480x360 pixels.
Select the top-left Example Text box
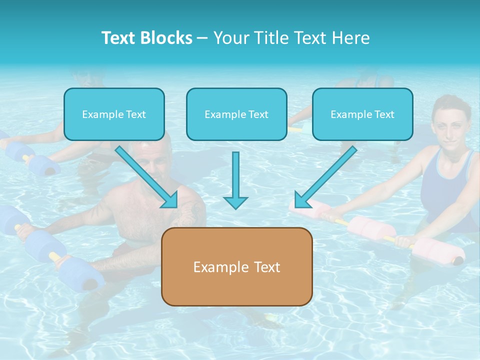[x=114, y=114]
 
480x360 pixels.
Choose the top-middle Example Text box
[x=236, y=114]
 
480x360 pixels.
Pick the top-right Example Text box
[x=362, y=114]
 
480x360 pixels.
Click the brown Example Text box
[x=236, y=266]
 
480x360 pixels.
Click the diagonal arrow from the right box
[x=325, y=177]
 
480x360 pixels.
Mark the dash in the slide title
[x=202, y=38]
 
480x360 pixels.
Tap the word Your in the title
[x=231, y=38]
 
